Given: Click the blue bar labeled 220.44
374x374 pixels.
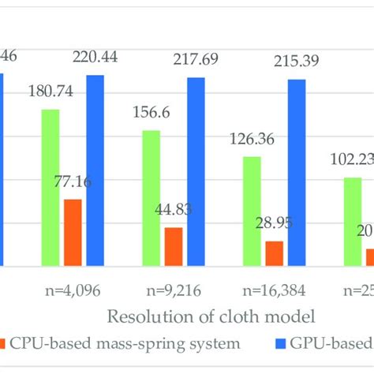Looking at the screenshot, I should pos(95,170).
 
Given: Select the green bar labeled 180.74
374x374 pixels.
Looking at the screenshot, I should pos(50,187).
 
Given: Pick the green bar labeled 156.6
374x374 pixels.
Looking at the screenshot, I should pos(151,197).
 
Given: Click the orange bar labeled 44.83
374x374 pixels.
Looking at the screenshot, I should pos(174,246).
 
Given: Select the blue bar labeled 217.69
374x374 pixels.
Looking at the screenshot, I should pos(196,171).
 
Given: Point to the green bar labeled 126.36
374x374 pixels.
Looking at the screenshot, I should pos(252,211).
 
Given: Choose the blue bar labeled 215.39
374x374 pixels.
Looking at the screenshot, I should pos(296,172).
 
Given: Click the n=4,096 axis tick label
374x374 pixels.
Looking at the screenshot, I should pos(73,290).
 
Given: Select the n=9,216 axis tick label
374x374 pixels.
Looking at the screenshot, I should pos(174,290).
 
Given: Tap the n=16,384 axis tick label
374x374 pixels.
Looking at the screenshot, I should pos(275,290).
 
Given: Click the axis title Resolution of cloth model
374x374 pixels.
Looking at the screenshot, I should pos(211,316).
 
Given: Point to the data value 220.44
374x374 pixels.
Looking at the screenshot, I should pos(95,56).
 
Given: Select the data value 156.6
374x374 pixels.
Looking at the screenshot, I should pos(151,113).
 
